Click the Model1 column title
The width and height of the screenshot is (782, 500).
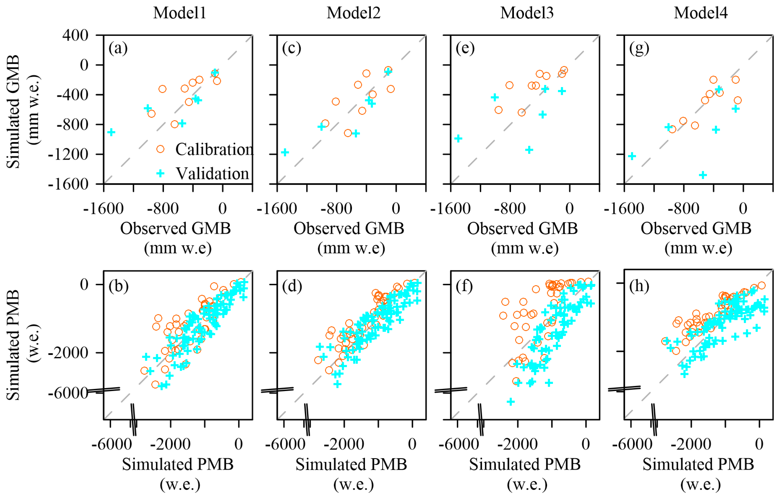click(180, 13)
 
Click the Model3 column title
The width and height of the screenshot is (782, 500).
click(527, 13)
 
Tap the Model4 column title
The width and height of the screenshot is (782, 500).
click(700, 13)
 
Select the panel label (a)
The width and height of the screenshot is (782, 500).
click(118, 49)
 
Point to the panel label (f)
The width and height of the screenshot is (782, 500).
click(464, 286)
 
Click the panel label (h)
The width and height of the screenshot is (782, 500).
click(639, 286)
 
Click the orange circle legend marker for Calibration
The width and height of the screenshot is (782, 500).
click(160, 149)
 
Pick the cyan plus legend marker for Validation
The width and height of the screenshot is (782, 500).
click(160, 174)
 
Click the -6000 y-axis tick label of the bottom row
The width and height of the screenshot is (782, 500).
click(68, 393)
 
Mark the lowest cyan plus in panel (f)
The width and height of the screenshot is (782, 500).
click(511, 402)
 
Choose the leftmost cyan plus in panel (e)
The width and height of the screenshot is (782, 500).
click(458, 139)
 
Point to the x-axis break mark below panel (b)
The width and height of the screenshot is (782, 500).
click(133, 420)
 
